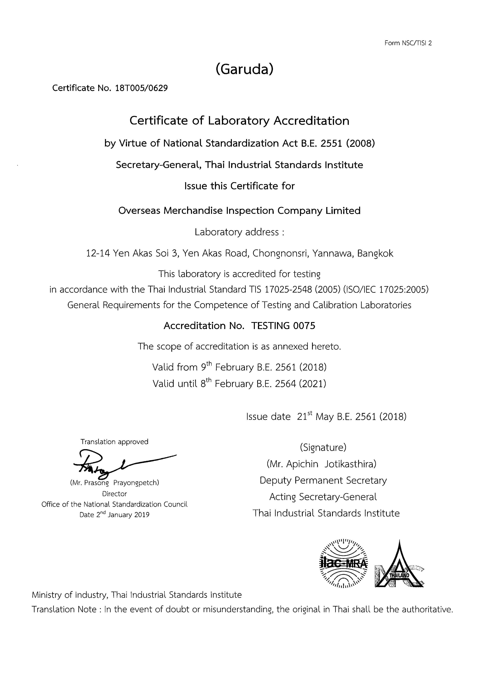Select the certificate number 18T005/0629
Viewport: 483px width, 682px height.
[141, 88]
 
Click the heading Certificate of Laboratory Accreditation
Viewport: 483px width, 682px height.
[239, 121]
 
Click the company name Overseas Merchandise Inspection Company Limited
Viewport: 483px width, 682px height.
[239, 211]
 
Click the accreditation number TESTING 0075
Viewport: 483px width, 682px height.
[283, 326]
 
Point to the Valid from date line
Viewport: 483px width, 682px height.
[239, 367]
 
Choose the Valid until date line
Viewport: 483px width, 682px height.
[239, 384]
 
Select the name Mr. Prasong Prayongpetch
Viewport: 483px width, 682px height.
[115, 483]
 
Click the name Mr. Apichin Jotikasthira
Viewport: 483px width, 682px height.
[322, 464]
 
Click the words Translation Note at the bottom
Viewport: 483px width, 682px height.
[64, 610]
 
